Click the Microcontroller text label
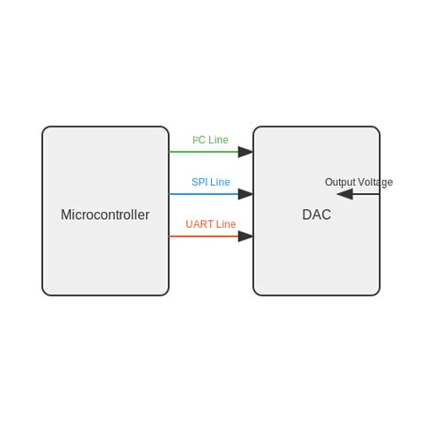105,215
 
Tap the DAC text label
316,215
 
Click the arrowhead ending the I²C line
246,152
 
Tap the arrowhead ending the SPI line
246,193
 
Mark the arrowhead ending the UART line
246,236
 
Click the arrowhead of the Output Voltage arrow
345,194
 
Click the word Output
339,183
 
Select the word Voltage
375,183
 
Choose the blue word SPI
200,183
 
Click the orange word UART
199,224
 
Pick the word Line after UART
226,224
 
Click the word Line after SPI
220,183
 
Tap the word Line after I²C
218,140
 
